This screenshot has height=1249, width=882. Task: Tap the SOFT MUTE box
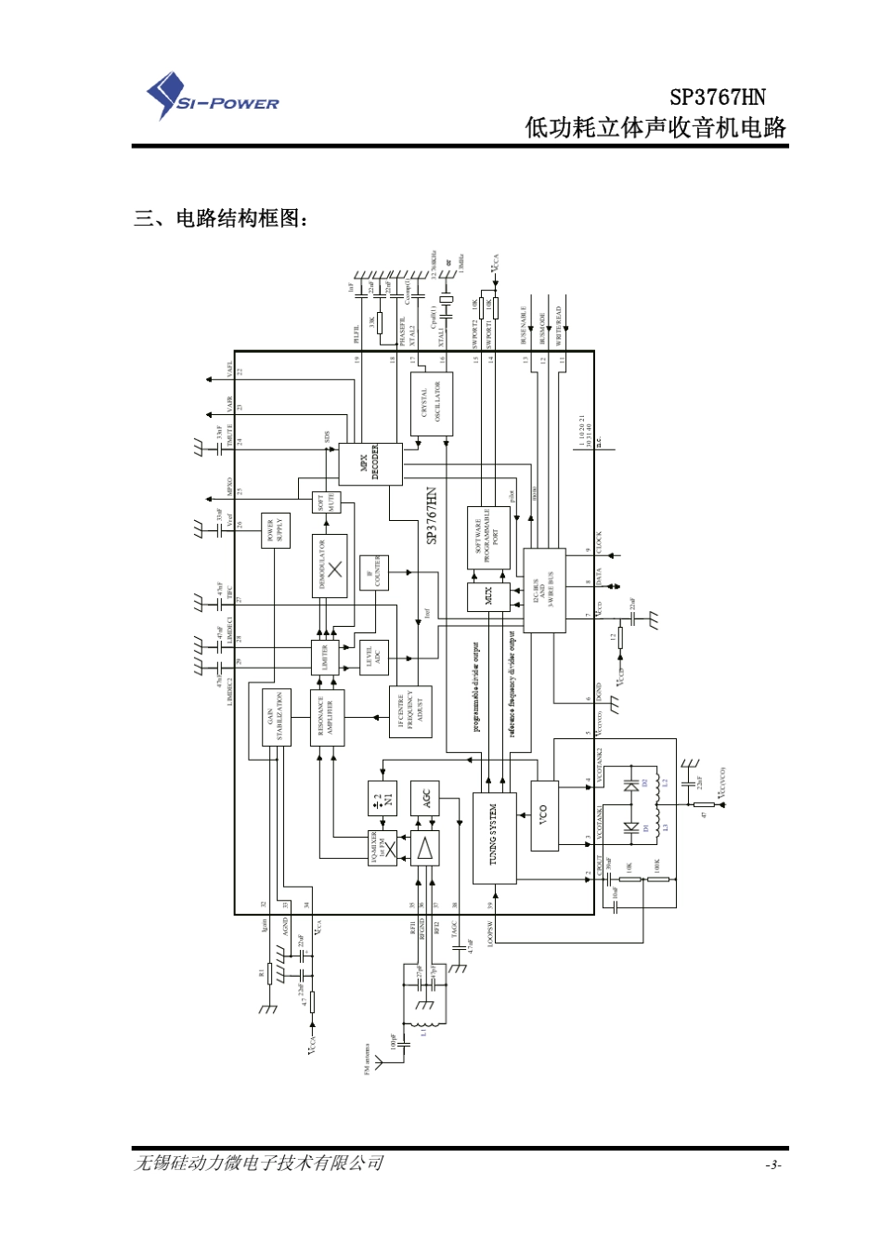tap(327, 503)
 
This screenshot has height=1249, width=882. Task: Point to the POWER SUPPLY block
tap(276, 530)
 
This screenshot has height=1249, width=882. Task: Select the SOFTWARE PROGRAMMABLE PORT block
tap(488, 538)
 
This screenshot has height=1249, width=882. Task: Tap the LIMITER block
tap(326, 657)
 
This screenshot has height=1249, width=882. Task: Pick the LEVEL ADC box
tap(374, 657)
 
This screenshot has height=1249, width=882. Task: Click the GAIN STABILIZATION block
tap(276, 718)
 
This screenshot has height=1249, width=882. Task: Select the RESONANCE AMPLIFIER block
tap(327, 717)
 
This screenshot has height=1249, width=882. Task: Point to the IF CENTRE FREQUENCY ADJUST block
tap(409, 712)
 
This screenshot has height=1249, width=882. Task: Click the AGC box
tap(425, 798)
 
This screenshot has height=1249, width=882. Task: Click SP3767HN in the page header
tap(718, 98)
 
